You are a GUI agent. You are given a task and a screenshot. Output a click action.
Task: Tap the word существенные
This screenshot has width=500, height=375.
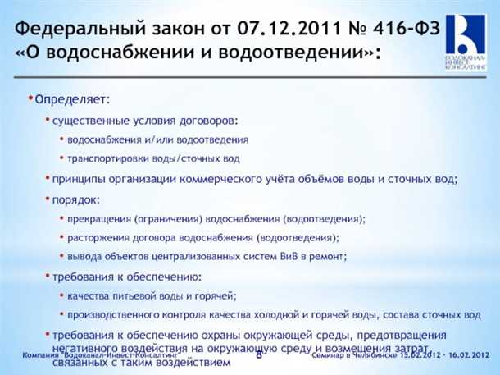[x=87, y=120]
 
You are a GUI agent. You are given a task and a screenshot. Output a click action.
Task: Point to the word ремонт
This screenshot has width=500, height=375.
[x=328, y=256]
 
